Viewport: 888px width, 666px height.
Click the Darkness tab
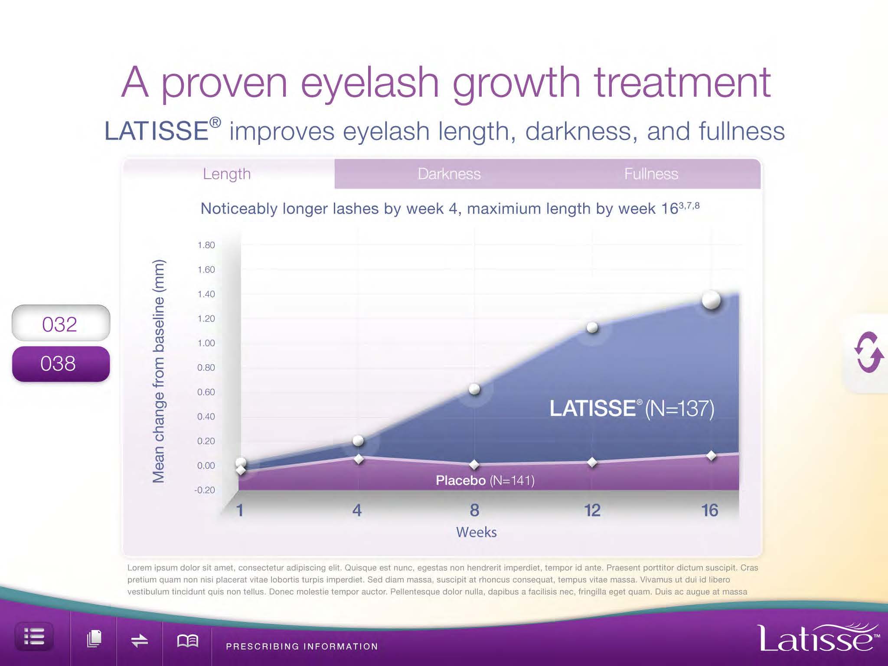(449, 174)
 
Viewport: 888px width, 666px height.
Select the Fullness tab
(651, 174)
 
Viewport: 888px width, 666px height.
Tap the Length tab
(227, 174)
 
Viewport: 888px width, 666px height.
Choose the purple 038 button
(61, 364)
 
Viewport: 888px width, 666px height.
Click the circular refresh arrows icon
(868, 352)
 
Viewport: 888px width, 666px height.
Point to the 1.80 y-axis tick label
(206, 245)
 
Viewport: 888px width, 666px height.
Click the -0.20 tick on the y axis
(205, 490)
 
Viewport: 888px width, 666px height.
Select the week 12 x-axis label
(592, 510)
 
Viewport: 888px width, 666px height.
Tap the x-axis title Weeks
(476, 532)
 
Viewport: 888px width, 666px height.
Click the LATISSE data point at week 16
(711, 300)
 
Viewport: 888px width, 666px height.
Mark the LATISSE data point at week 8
(474, 389)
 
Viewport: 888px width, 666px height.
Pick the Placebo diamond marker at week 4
(359, 459)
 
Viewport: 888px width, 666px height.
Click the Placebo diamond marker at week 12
(592, 463)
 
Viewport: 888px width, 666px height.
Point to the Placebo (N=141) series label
(485, 480)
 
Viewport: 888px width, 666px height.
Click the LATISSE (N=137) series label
(632, 408)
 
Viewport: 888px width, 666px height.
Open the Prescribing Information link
(302, 646)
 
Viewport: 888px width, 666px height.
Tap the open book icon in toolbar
(187, 640)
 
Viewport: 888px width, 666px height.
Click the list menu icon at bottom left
(34, 637)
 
